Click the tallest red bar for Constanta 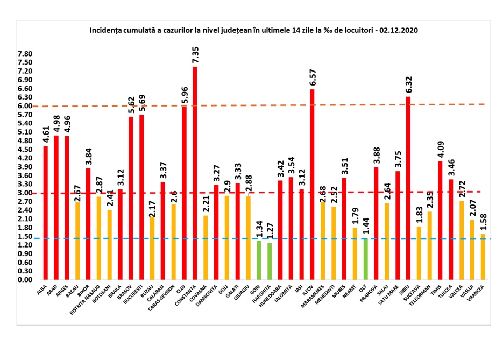click(195, 172)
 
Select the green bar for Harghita click(270, 262)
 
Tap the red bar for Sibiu click(408, 188)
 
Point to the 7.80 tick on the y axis click(25, 54)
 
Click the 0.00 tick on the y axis click(25, 280)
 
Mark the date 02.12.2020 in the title click(399, 31)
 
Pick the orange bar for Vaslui click(472, 250)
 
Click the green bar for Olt click(366, 259)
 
